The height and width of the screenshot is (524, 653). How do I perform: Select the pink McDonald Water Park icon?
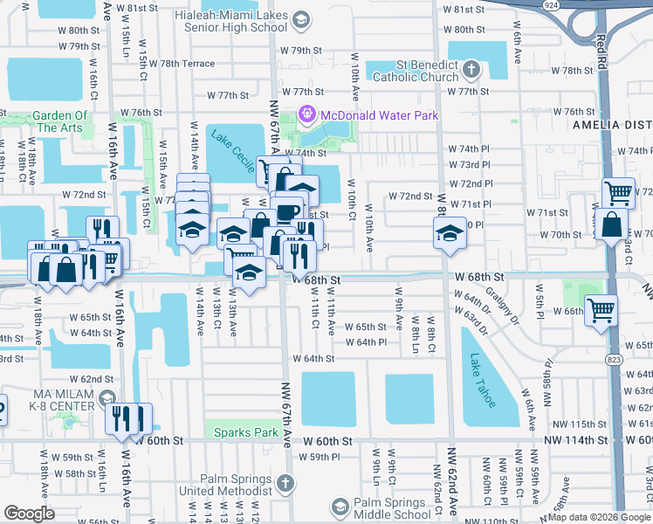(x=306, y=114)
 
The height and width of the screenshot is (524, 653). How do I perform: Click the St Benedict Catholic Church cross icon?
(x=471, y=69)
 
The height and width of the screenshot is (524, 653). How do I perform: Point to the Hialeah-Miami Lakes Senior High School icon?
(x=301, y=20)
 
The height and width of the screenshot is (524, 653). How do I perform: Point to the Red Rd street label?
(x=601, y=56)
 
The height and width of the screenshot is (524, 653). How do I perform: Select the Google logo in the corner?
(x=30, y=514)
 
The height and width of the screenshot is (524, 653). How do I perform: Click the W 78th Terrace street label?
(x=187, y=64)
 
